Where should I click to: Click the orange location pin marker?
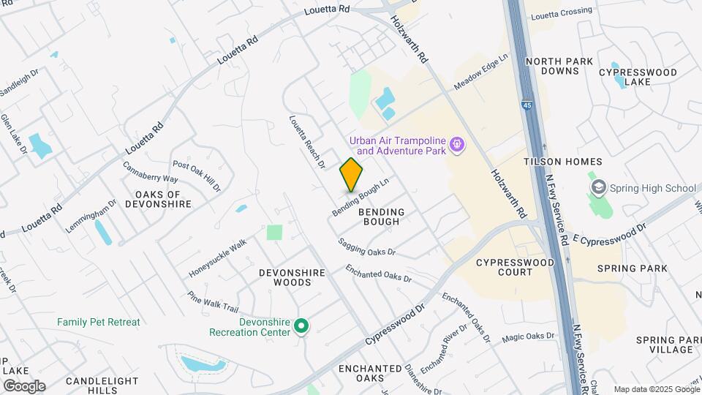pyautogui.click(x=352, y=174)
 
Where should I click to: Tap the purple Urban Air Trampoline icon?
pyautogui.click(x=458, y=145)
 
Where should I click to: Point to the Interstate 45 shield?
pyautogui.click(x=526, y=105)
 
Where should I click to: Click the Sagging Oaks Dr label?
pyautogui.click(x=366, y=247)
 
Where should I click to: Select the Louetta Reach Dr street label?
pyautogui.click(x=306, y=142)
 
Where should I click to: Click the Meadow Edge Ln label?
pyautogui.click(x=480, y=72)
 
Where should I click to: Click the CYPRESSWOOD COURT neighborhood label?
pyautogui.click(x=505, y=267)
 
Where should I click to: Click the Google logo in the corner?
pyautogui.click(x=24, y=385)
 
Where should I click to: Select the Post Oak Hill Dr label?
pyautogui.click(x=196, y=176)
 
